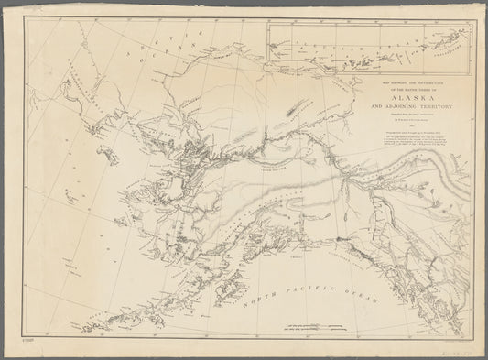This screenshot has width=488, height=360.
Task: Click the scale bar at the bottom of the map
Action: (x=307, y=326)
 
